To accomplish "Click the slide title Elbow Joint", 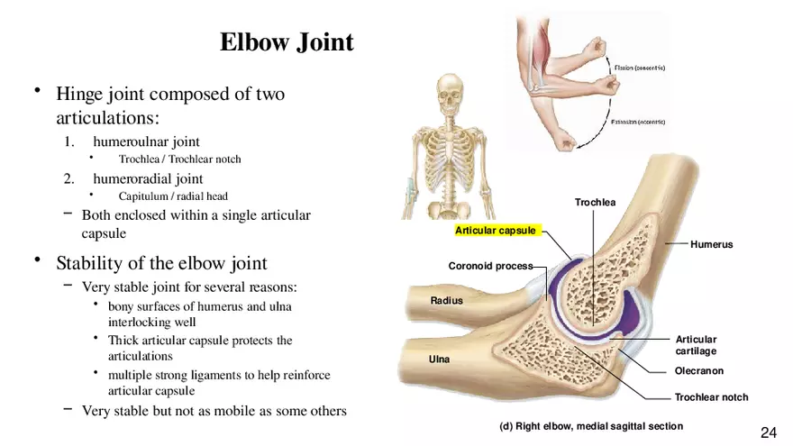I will coord(287,42).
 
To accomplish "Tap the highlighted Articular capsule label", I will coord(495,231).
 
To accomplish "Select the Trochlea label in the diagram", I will coord(595,202).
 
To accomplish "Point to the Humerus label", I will coord(711,244).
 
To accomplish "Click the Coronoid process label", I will coord(490,266).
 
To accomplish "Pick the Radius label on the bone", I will coord(446,300).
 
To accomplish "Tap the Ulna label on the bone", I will coord(439,359).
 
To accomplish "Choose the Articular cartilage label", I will coord(696,345).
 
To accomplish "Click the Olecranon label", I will coord(698,370).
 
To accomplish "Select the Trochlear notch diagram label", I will coord(711,396).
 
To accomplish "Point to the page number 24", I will coord(769,432).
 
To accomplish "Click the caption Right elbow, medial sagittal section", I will coord(591,425).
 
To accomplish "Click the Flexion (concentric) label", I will coord(639,68).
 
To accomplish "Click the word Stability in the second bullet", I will coord(87,263).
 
